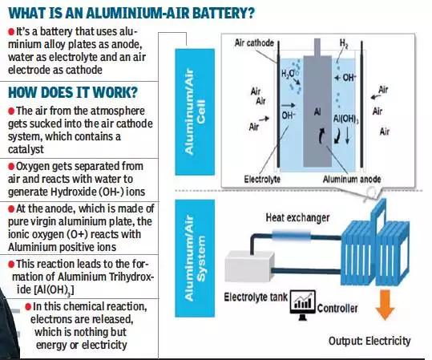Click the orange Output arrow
pyautogui.click(x=385, y=305)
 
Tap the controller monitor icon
pyautogui.click(x=303, y=305)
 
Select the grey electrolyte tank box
pyautogui.click(x=249, y=267)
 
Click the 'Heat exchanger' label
pyautogui.click(x=297, y=218)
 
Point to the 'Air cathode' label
pyautogui.click(x=254, y=43)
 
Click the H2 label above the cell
pyautogui.click(x=344, y=43)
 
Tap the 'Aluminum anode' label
pyautogui.click(x=352, y=180)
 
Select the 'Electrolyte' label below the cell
pyautogui.click(x=262, y=180)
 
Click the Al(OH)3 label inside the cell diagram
pyautogui.click(x=345, y=119)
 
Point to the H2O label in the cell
pyautogui.click(x=288, y=74)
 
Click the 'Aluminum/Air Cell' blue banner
pyautogui.click(x=195, y=111)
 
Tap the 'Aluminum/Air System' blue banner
pyautogui.click(x=195, y=258)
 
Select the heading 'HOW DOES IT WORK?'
pyautogui.click(x=73, y=92)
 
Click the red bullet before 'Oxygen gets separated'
pyautogui.click(x=11, y=167)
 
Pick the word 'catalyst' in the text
pyautogui.click(x=26, y=149)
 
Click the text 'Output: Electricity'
pyautogui.click(x=369, y=341)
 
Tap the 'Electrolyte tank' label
pyautogui.click(x=256, y=297)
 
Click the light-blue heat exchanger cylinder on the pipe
pyautogui.click(x=291, y=236)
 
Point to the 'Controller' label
pyautogui.click(x=337, y=309)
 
